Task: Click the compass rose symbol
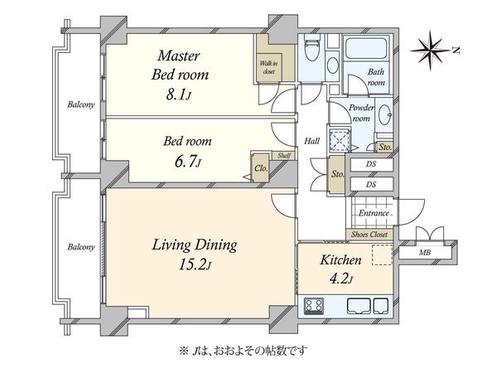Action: tap(430, 50)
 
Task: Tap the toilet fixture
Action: tap(312, 47)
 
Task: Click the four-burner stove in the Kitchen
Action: tap(314, 306)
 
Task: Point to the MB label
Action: tap(424, 253)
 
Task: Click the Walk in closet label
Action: tap(268, 67)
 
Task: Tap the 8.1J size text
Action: tap(178, 94)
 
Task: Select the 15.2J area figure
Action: tap(195, 264)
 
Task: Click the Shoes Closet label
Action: tap(369, 235)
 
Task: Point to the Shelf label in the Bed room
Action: tap(284, 156)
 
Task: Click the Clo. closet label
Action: tap(261, 168)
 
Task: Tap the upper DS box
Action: tap(371, 164)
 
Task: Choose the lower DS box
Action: tap(371, 184)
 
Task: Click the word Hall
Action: tap(312, 141)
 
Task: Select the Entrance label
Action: tap(374, 213)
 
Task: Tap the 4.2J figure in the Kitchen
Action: tap(341, 279)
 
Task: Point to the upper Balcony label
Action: tap(81, 104)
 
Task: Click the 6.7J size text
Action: tap(187, 162)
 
